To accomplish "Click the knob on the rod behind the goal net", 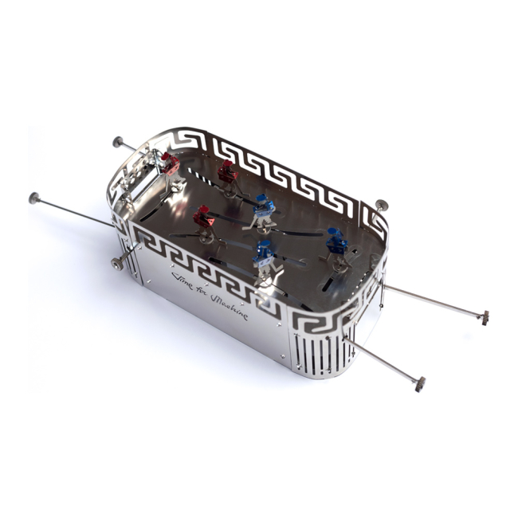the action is [x=118, y=142].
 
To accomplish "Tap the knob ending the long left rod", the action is [x=34, y=198].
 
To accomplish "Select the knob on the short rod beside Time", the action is [x=116, y=264].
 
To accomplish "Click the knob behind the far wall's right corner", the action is [x=382, y=205].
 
